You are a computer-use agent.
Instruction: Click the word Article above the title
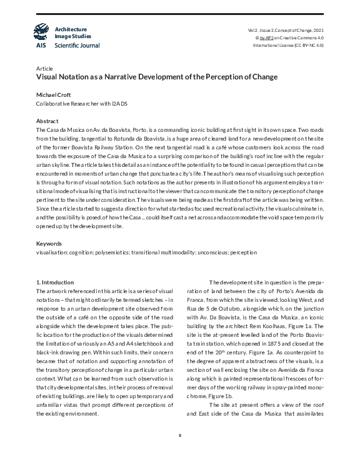(x=44, y=68)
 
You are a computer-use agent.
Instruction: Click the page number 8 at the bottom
(x=180, y=434)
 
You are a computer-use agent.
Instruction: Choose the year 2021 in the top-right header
(x=317, y=30)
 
